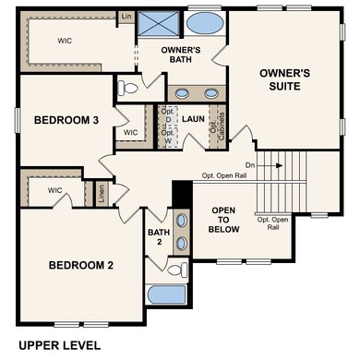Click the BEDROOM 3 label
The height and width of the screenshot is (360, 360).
tap(66, 120)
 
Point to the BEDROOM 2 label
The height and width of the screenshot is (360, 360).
tap(80, 266)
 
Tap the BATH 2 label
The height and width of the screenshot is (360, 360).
tap(158, 238)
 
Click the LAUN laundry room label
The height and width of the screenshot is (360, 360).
tap(192, 119)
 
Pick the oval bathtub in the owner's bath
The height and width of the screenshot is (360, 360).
tap(204, 23)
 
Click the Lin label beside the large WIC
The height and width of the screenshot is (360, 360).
tap(125, 18)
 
